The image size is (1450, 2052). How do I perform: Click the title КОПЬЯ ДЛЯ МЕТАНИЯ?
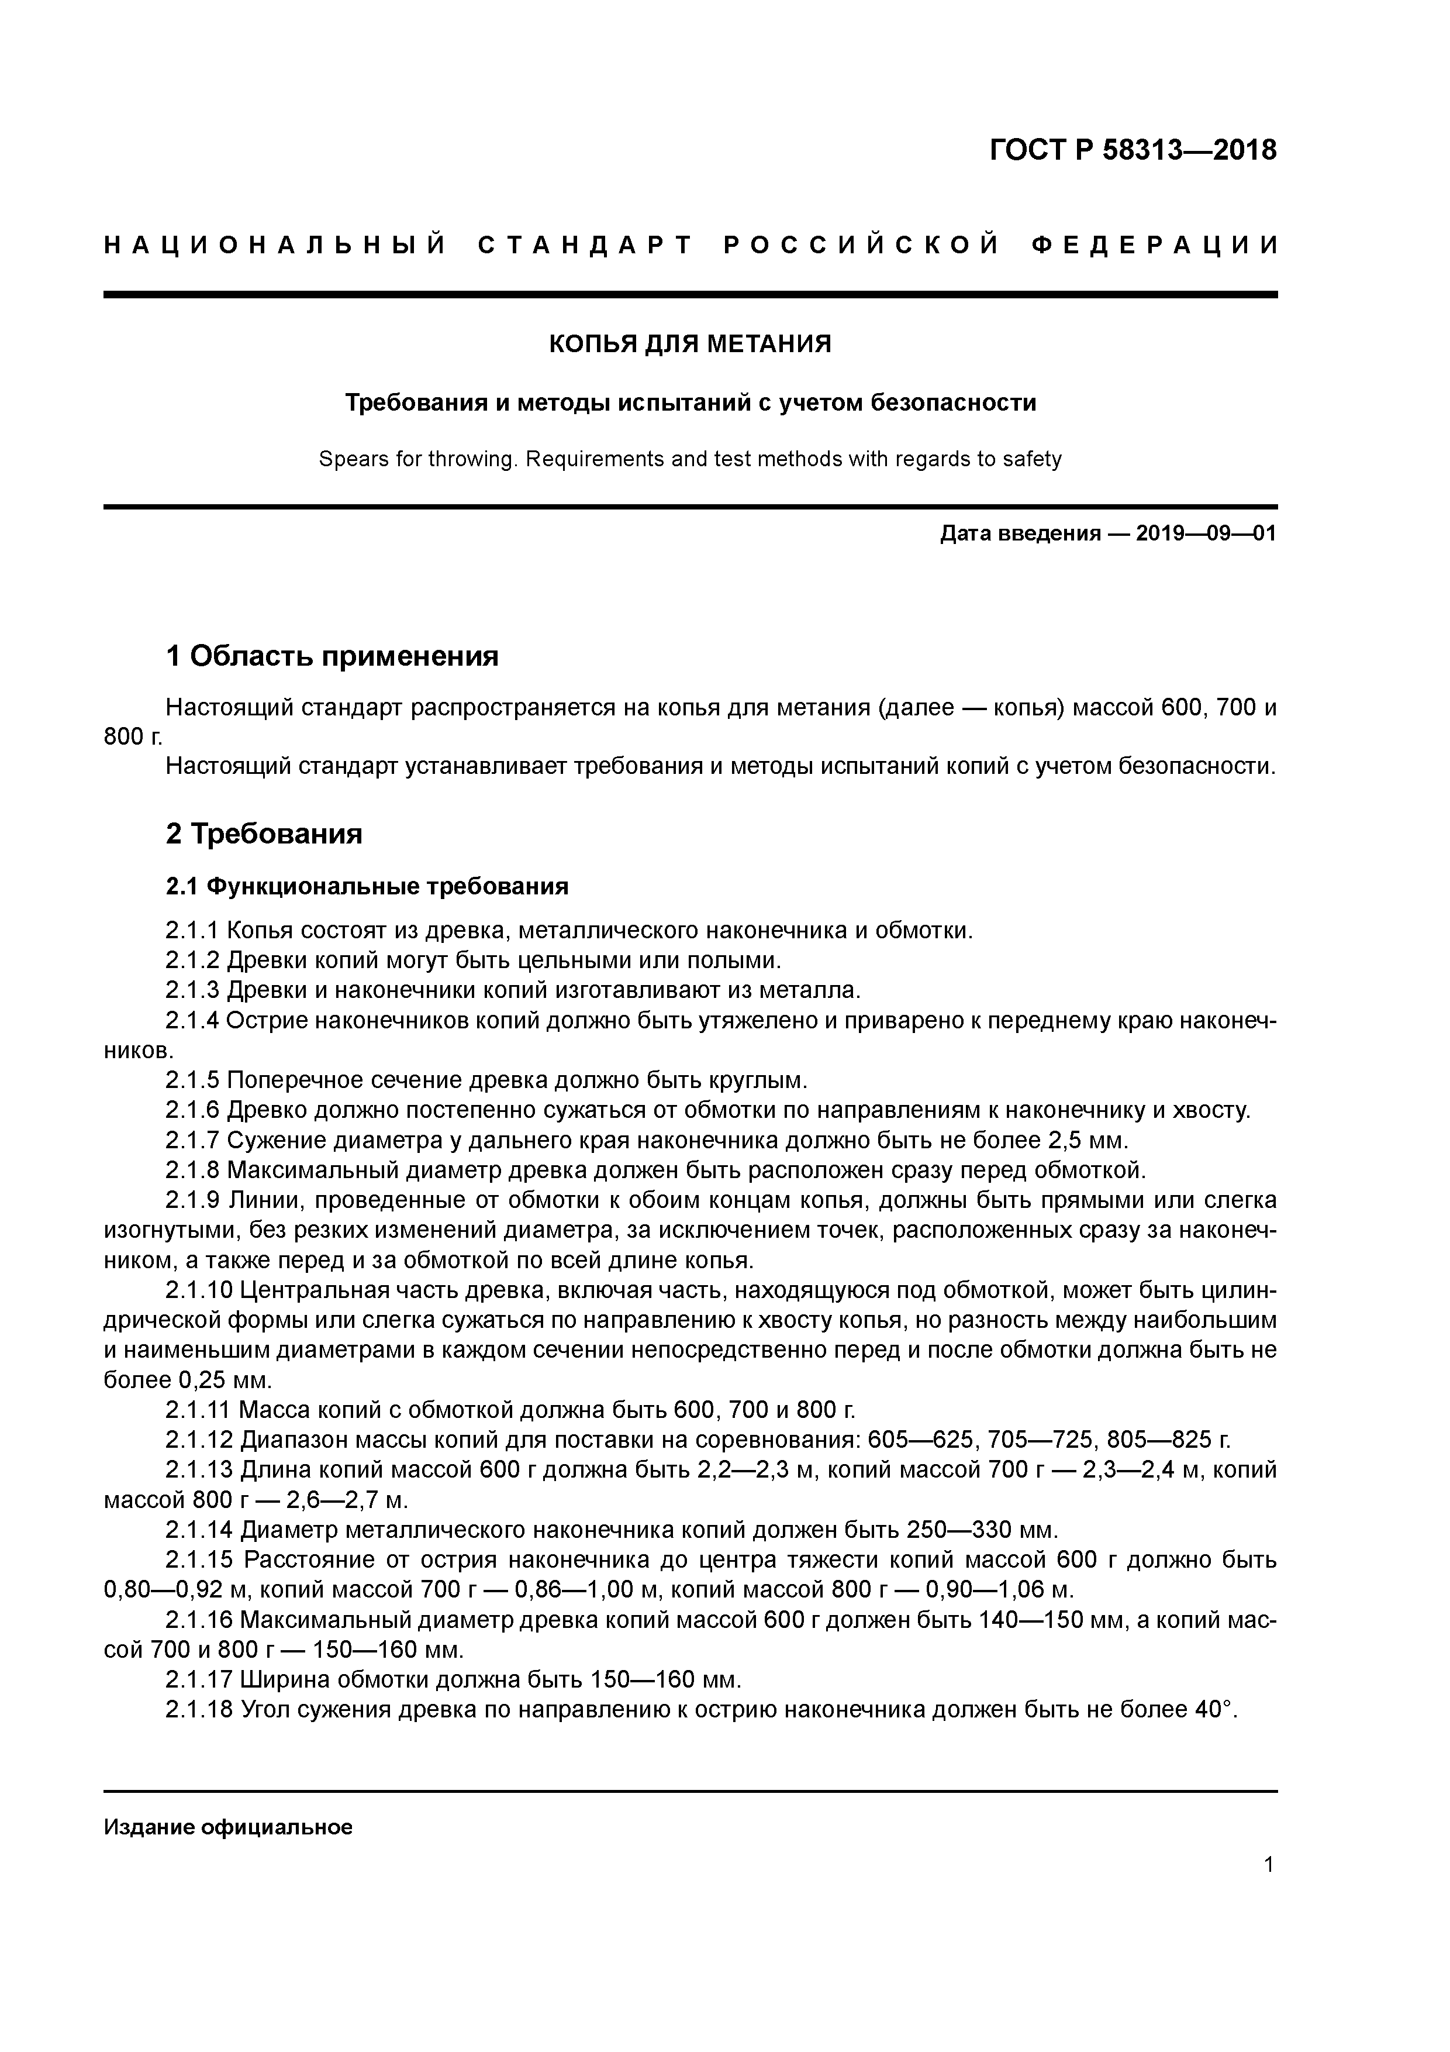click(x=690, y=343)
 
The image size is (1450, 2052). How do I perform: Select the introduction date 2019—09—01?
click(x=1206, y=535)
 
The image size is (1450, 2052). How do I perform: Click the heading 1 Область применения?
click(x=332, y=657)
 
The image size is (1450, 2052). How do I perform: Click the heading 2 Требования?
click(x=264, y=834)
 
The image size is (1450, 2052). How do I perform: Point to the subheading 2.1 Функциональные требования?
click(x=367, y=887)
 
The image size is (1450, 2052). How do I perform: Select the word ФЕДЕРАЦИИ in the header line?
click(x=1154, y=245)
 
